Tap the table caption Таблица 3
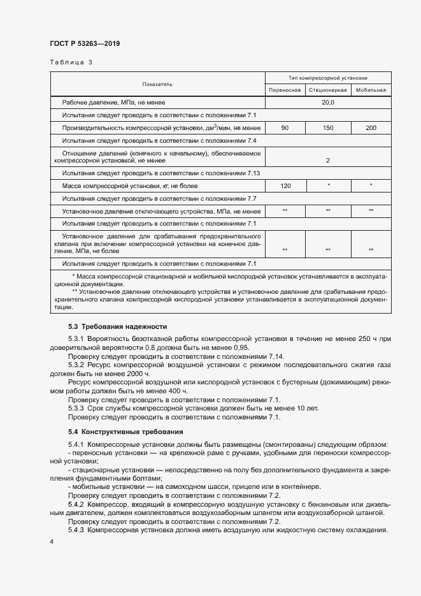coord(71,62)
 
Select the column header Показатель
coord(157,84)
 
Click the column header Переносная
coord(284,91)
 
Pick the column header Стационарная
coord(327,91)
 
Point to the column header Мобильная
coord(371,91)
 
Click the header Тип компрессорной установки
coord(327,78)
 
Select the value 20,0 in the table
coord(327,102)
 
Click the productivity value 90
coord(284,128)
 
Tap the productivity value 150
coord(327,128)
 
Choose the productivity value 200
coord(371,128)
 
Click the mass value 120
coord(284,185)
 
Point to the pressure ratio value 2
coord(327,161)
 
